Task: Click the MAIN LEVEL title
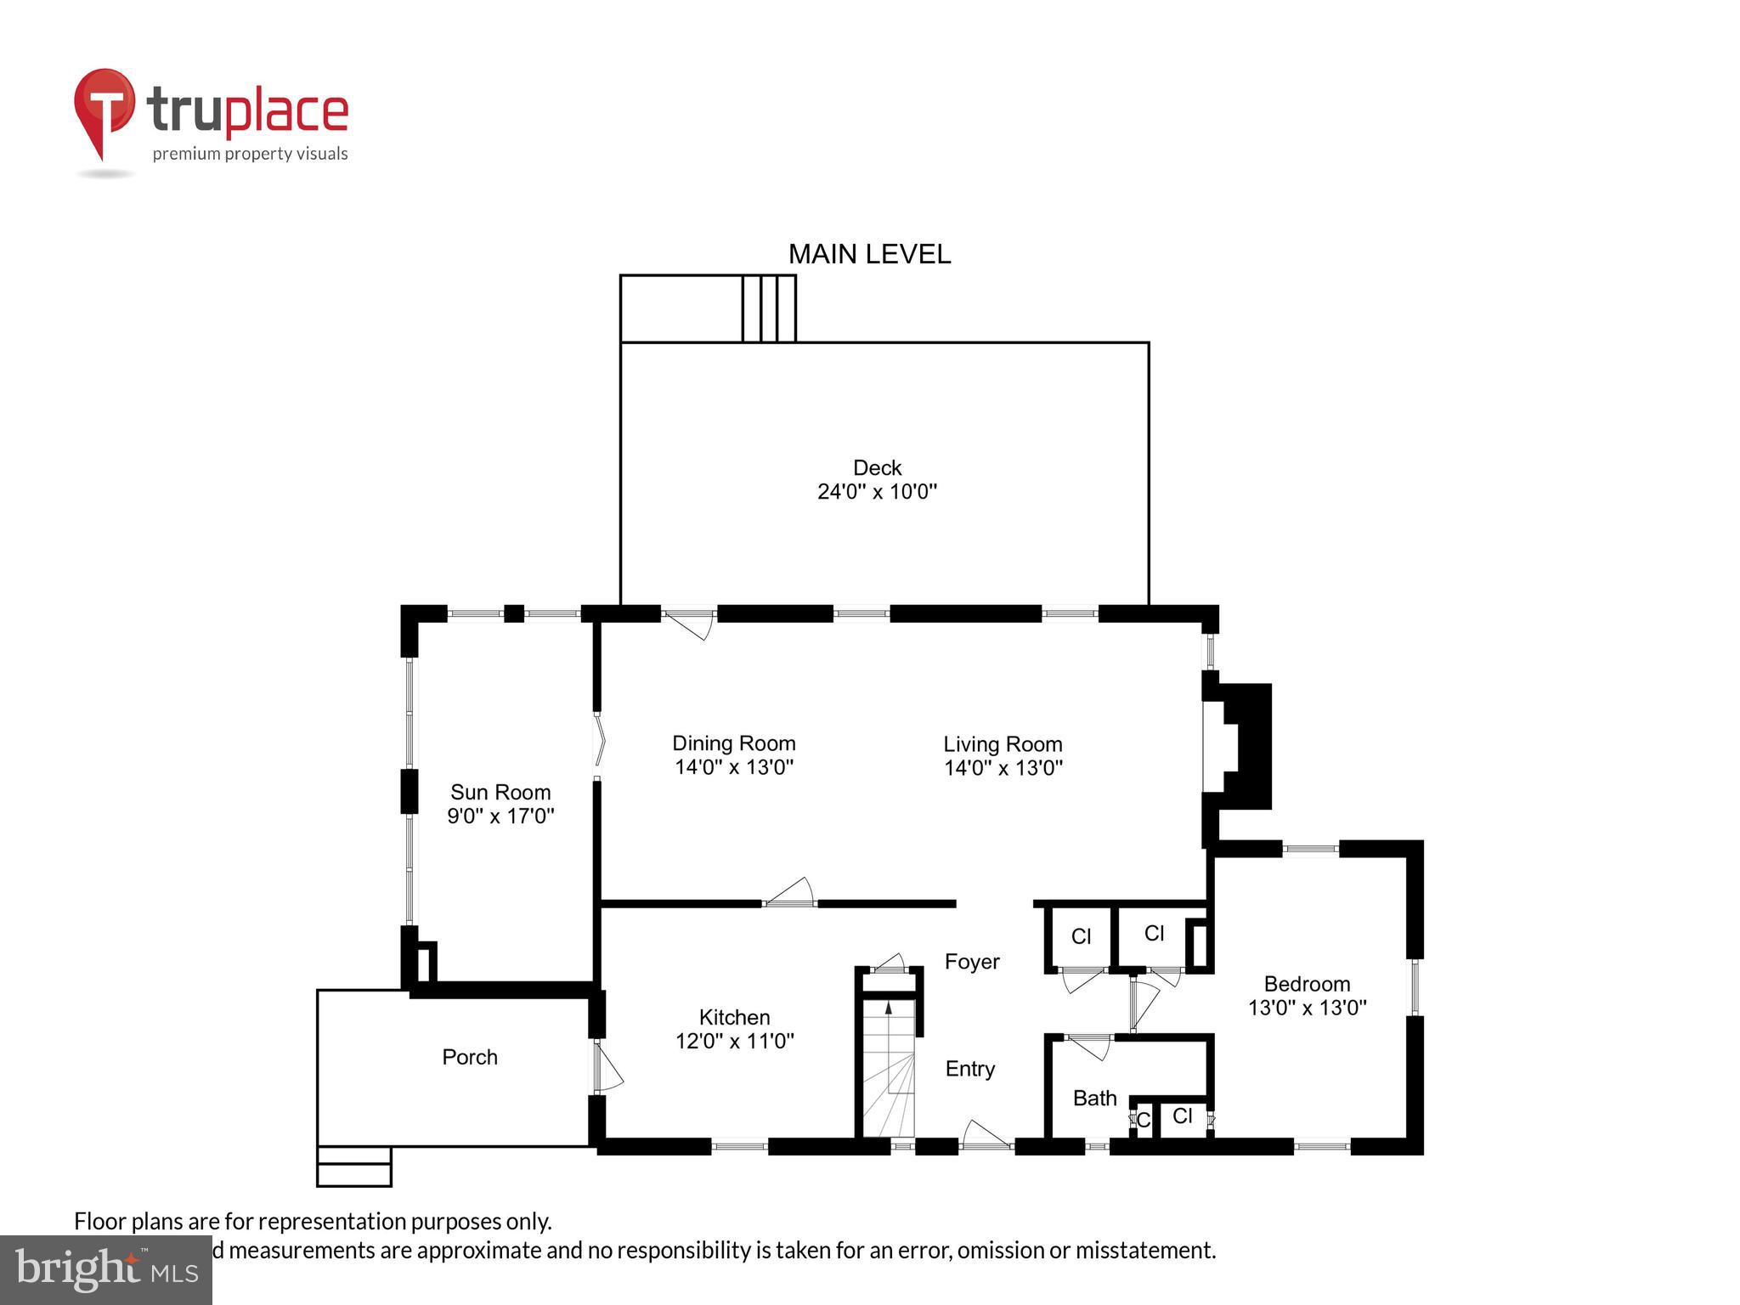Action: tap(869, 254)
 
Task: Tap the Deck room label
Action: tap(877, 467)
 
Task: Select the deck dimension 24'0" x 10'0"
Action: tap(877, 491)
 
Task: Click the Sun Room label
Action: tap(500, 792)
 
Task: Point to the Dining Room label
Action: tap(733, 743)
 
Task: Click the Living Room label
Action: tap(1003, 744)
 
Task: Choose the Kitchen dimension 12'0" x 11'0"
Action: tap(734, 1041)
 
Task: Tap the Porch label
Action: tap(470, 1057)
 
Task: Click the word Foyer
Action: tap(972, 962)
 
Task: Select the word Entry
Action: tap(969, 1069)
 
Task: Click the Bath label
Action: tap(1094, 1099)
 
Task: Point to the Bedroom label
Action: tap(1307, 984)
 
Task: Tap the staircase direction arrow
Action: tap(889, 1009)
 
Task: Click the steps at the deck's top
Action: tap(769, 308)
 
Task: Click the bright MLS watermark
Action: tap(106, 1270)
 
